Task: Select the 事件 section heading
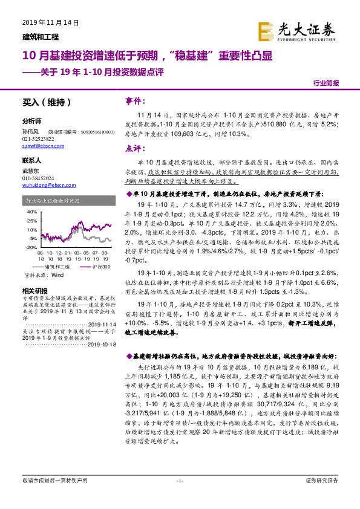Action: pos(136,101)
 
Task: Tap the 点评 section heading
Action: pos(136,148)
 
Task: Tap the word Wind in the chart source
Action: pos(57,274)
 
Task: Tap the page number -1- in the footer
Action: pos(179,497)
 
